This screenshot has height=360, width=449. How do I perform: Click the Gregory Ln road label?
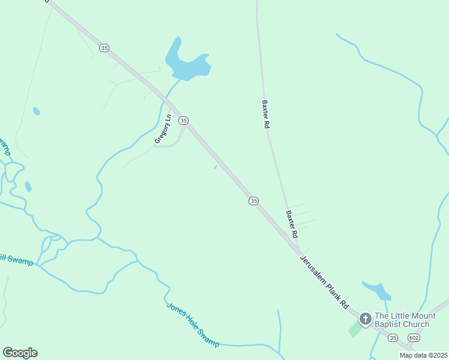(x=163, y=129)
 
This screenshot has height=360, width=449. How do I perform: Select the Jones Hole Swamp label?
(x=193, y=324)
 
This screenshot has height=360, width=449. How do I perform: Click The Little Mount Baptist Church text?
(x=402, y=320)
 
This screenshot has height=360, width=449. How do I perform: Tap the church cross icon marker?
(x=364, y=317)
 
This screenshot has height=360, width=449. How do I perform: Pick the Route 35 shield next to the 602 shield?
(x=392, y=338)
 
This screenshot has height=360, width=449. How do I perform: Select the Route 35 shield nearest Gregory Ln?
(x=184, y=120)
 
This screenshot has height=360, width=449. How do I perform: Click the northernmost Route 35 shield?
(x=104, y=48)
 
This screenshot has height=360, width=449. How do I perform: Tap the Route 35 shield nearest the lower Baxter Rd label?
(x=254, y=201)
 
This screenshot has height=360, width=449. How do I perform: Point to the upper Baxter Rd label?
(x=265, y=114)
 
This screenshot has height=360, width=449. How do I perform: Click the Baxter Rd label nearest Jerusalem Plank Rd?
(x=292, y=224)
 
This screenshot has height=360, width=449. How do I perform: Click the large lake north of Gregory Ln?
(x=187, y=64)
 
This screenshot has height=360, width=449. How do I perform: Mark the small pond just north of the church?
(x=378, y=292)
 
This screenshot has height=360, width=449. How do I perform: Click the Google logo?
(x=20, y=353)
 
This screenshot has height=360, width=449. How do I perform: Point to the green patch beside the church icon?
(x=355, y=329)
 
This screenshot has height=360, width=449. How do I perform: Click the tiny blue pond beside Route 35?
(x=215, y=167)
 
